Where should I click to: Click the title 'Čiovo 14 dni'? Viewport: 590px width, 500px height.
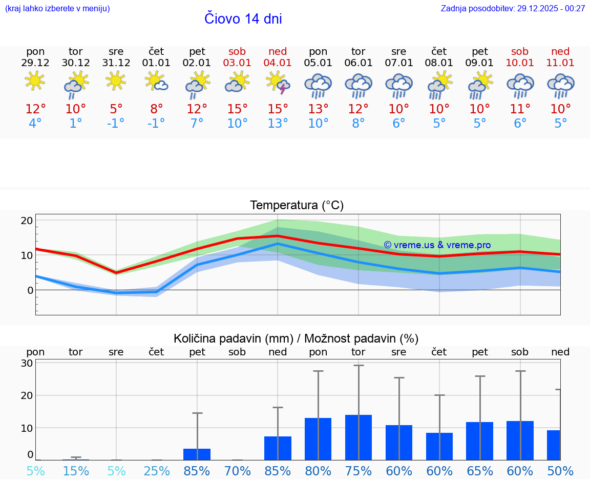[x=243, y=19]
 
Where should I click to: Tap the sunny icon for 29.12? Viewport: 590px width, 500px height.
[x=35, y=81]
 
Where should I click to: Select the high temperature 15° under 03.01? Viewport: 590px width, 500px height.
[x=237, y=109]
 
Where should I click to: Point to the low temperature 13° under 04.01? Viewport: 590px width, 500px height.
[x=278, y=124]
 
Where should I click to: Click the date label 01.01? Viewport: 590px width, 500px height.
[x=156, y=63]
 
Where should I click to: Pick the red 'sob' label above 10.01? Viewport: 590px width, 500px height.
[x=520, y=51]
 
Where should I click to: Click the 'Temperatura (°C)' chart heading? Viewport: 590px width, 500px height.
[x=297, y=206]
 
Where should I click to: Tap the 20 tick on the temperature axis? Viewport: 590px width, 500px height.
[x=27, y=221]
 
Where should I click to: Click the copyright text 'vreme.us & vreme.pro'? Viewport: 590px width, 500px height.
[x=437, y=245]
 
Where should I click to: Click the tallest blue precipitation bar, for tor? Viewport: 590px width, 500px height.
[x=359, y=437]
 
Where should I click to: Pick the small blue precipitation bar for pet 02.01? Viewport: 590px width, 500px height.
[x=197, y=454]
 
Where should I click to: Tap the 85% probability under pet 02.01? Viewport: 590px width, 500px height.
[x=197, y=471]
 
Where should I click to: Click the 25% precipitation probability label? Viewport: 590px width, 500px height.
[x=157, y=471]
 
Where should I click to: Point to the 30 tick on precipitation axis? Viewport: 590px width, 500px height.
[x=27, y=363]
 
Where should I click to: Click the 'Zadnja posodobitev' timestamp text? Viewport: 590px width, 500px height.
[x=513, y=9]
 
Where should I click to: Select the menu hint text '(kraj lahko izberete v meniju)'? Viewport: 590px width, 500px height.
[x=57, y=9]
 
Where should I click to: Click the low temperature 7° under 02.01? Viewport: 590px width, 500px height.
[x=197, y=124]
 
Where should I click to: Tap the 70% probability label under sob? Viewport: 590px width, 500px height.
[x=238, y=471]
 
